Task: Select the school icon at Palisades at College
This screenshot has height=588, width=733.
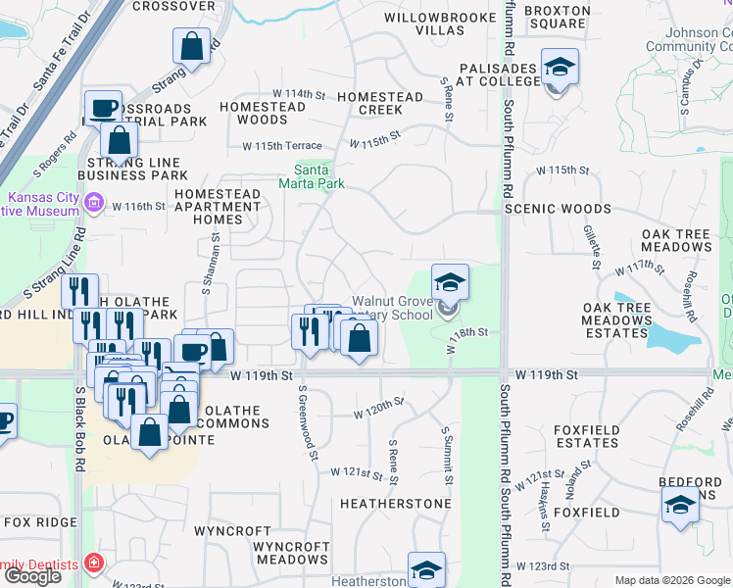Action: pos(560,68)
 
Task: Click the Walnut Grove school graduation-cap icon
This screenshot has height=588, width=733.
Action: pos(450,283)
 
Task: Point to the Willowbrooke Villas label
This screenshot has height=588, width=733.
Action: pos(424,24)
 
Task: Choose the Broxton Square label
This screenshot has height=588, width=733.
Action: pos(557,17)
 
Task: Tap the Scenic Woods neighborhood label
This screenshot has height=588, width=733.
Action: pos(558,209)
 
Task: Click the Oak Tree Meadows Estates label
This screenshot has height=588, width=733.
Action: pos(617,320)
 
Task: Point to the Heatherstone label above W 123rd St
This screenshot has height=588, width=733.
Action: pos(395,504)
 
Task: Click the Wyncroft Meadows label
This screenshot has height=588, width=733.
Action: pos(292,552)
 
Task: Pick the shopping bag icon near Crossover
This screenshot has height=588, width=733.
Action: pos(192,45)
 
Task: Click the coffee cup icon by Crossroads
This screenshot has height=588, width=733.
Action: pos(103,108)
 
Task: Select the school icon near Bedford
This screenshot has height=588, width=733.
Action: pos(680,506)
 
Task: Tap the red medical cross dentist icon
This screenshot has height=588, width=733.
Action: pos(93,563)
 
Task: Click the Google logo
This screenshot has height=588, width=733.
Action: pos(32,577)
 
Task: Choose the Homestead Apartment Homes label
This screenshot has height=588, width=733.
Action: pos(218,207)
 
